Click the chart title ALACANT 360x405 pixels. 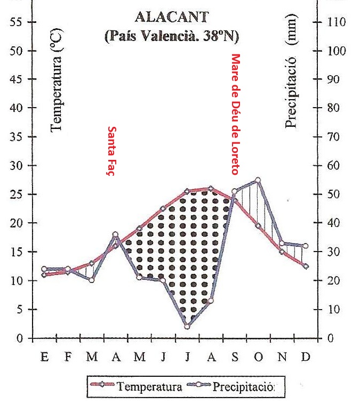click(x=171, y=17)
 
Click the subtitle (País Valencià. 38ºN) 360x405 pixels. click(x=171, y=37)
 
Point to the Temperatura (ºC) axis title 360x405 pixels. click(x=57, y=80)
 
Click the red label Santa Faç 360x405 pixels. click(x=112, y=151)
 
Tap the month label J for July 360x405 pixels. click(x=187, y=357)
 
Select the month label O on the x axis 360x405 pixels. click(x=258, y=357)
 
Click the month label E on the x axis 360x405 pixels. click(x=45, y=357)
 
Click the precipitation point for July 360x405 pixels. click(x=187, y=326)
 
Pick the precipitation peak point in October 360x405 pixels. click(x=258, y=180)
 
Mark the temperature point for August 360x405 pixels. click(x=211, y=188)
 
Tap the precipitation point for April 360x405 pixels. click(x=116, y=234)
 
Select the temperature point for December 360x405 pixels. click(x=306, y=266)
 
